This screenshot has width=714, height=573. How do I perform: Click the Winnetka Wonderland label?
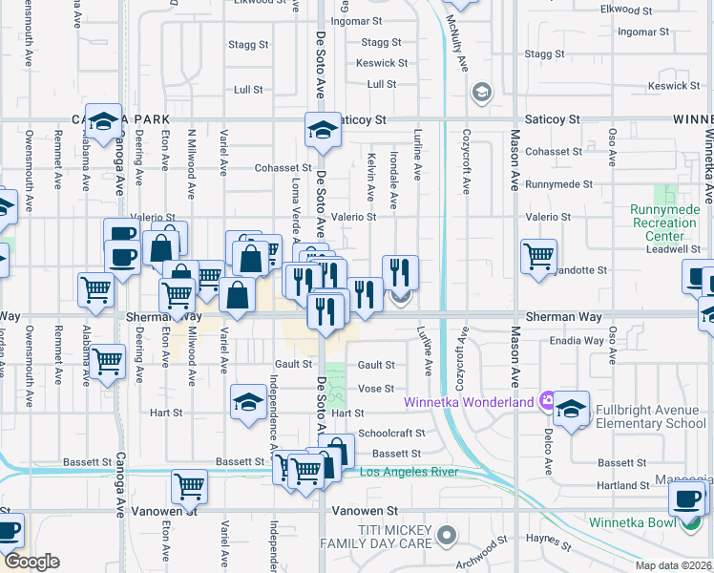(x=469, y=401)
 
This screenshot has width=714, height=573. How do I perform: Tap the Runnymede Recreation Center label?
(x=663, y=223)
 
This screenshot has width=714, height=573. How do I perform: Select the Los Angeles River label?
(x=409, y=472)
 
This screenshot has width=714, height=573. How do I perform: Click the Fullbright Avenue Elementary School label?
(x=651, y=416)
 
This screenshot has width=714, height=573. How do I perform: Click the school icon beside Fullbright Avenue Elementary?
(x=571, y=408)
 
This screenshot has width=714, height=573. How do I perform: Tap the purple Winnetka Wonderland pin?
(x=547, y=400)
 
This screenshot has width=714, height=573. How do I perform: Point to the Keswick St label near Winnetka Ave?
(x=673, y=86)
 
